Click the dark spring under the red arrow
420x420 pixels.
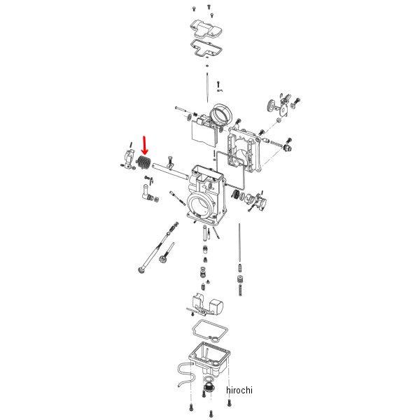(x=143, y=163)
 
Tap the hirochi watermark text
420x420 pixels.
(x=239, y=390)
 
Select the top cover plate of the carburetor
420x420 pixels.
(x=206, y=29)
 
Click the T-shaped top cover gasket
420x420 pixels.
(x=206, y=48)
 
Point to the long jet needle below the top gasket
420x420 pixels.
(x=208, y=87)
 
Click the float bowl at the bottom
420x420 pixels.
(x=209, y=358)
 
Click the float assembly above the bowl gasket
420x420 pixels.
(x=206, y=304)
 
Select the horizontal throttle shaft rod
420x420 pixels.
(x=170, y=171)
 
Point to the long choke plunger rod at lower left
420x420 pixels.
(x=158, y=248)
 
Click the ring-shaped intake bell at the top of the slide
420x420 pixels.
(x=221, y=114)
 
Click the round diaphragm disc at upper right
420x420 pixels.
(x=272, y=106)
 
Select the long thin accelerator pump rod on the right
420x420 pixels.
(x=239, y=242)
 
